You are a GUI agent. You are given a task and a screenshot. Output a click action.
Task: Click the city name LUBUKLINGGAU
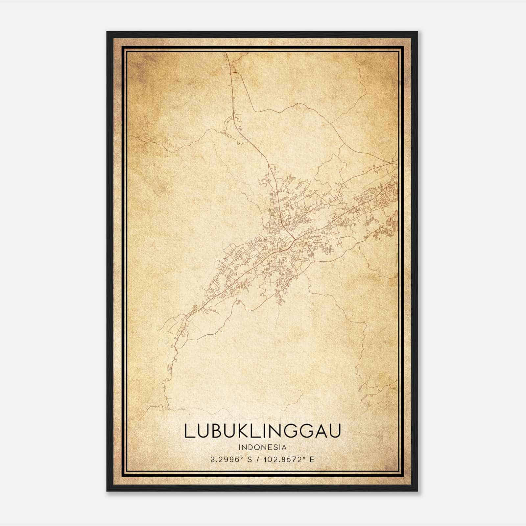point(262,431)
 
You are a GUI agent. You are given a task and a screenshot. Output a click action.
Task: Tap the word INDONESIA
point(263,447)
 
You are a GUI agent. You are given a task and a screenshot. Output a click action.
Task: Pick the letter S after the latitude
point(250,459)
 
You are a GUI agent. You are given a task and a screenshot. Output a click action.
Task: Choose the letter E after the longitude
point(312,459)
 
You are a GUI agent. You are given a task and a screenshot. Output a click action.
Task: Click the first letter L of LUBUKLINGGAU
point(189,431)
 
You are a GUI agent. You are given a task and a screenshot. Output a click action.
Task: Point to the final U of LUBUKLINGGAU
point(335,431)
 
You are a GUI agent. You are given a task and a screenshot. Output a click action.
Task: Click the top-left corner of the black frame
point(107,32)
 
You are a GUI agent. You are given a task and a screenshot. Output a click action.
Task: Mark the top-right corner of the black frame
point(418,32)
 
